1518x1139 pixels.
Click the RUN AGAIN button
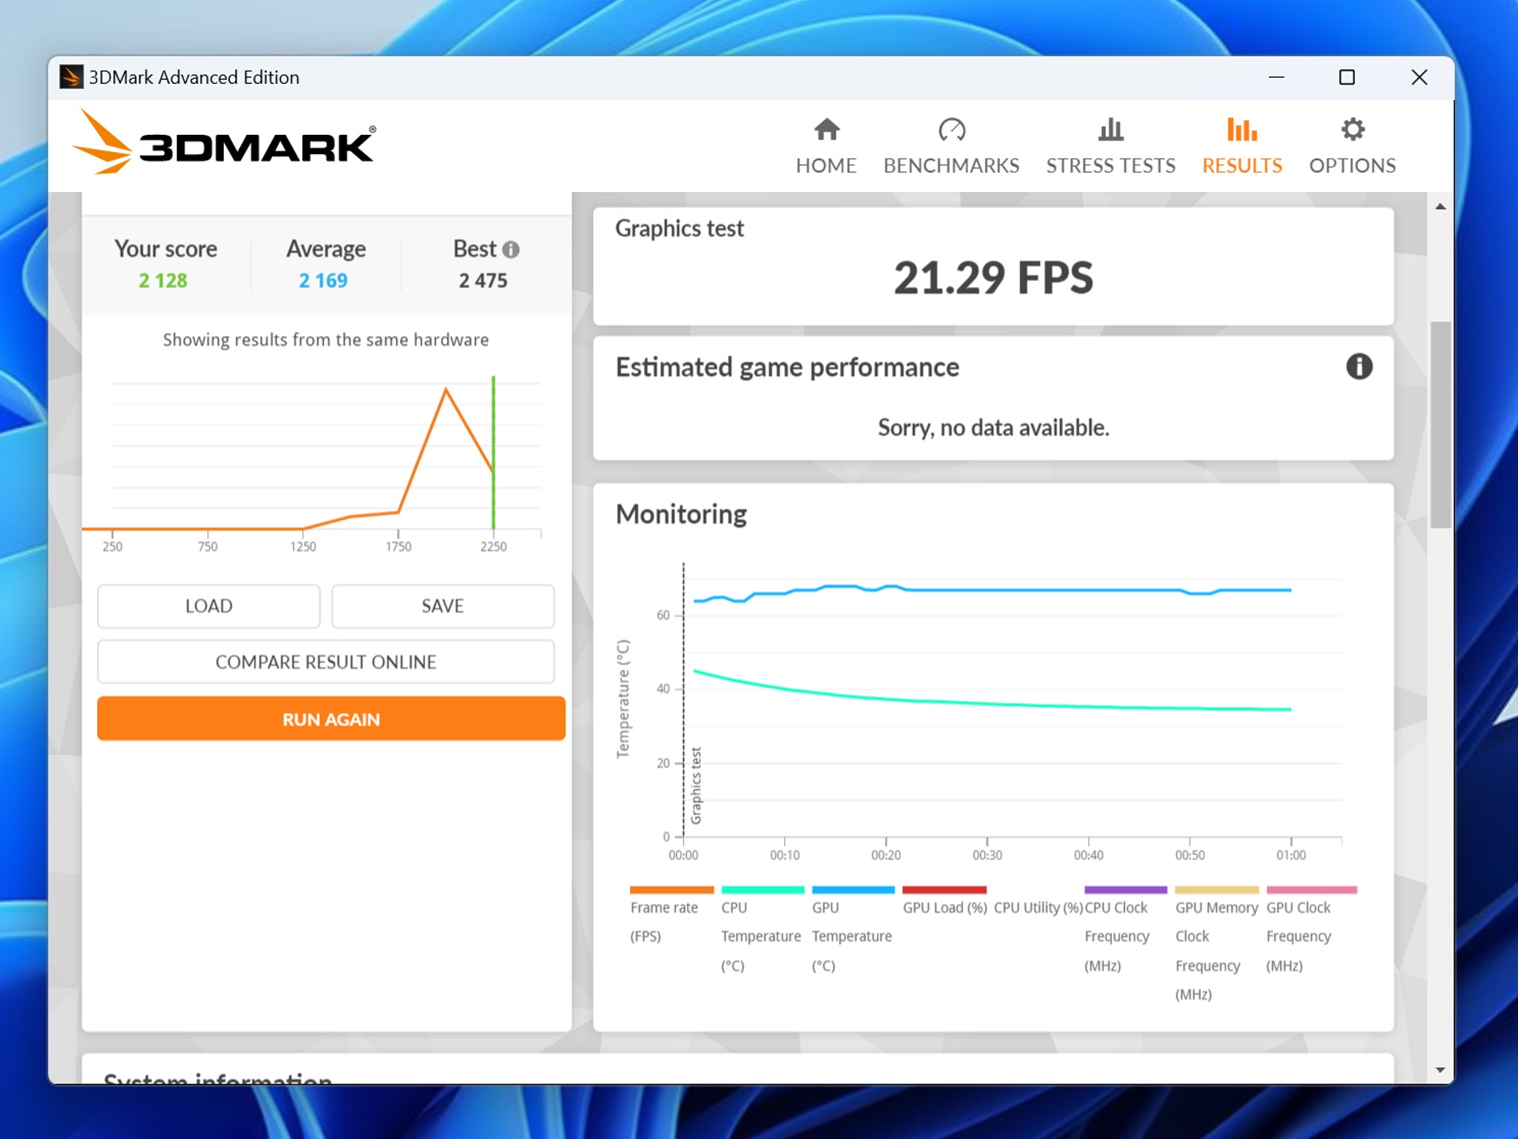[x=331, y=719]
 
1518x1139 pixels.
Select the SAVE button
[x=443, y=606]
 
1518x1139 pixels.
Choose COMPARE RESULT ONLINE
[x=325, y=661]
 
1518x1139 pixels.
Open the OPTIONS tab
[x=1352, y=146]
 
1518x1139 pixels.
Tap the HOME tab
[x=826, y=146]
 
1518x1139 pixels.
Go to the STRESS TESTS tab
[x=1110, y=146]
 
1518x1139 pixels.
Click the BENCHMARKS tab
[x=951, y=146]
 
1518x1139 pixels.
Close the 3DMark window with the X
[x=1419, y=77]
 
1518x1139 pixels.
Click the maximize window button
[x=1347, y=77]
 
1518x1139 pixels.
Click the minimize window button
[x=1276, y=77]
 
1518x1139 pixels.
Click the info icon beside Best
[x=511, y=249]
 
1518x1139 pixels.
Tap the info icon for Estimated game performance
[x=1359, y=366]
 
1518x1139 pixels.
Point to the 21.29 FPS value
[x=993, y=277]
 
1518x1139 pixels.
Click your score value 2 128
[x=163, y=280]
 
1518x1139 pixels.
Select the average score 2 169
[x=323, y=280]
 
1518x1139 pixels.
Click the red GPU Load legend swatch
[x=944, y=889]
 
